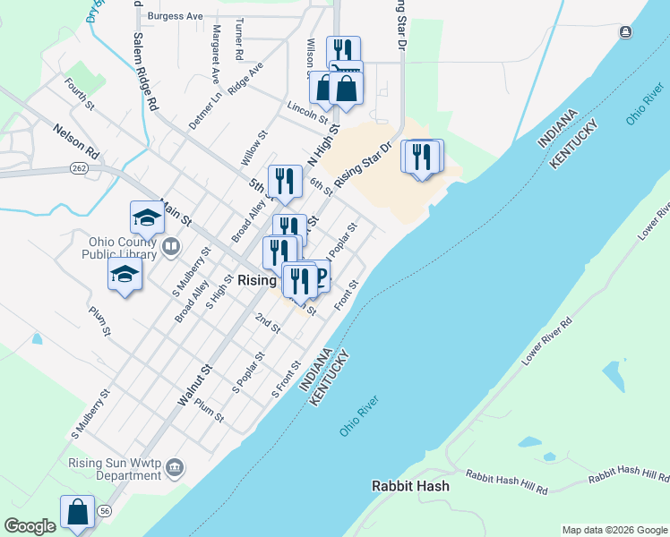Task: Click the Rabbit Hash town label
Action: pos(410,486)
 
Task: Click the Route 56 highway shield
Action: pos(106,510)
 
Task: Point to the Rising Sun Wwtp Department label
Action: pos(116,470)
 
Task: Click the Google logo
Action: pos(30,526)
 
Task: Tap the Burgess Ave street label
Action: pos(176,16)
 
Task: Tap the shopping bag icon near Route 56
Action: pos(78,512)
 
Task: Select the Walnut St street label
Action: pos(193,385)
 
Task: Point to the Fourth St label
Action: pos(80,93)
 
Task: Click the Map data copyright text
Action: pos(614,530)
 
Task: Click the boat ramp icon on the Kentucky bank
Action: pos(625,32)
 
